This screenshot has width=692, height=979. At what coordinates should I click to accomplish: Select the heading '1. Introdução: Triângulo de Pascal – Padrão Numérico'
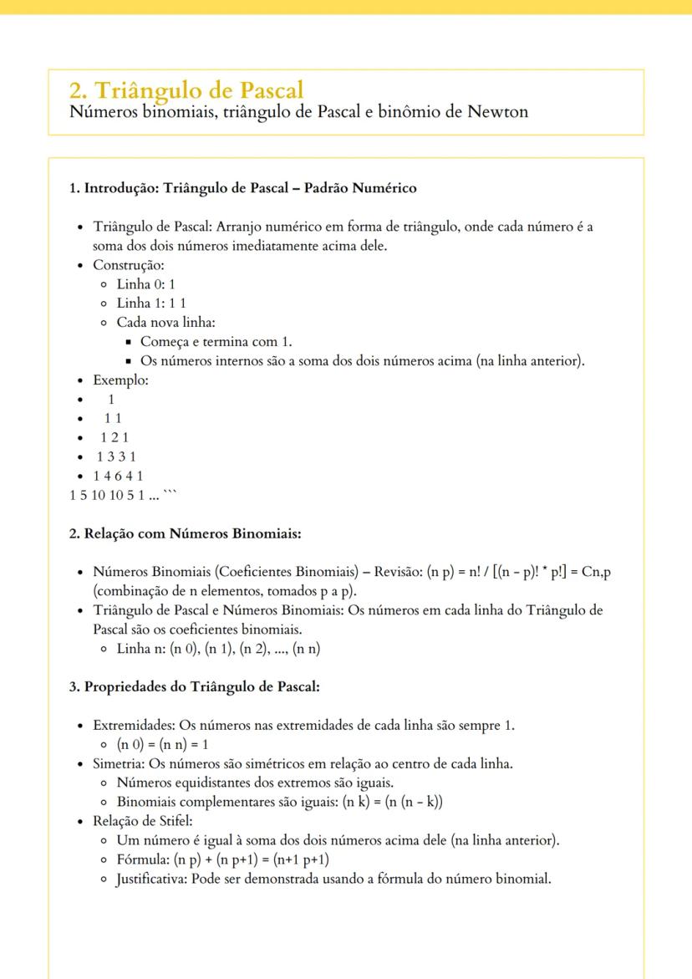[x=242, y=188]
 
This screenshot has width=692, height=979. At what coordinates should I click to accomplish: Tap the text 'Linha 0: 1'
[x=145, y=284]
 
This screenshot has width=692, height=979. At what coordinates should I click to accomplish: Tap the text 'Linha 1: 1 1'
[x=151, y=303]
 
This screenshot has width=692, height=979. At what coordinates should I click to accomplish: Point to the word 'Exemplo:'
[x=121, y=380]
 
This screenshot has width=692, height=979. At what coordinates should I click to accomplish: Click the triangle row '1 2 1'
[x=114, y=438]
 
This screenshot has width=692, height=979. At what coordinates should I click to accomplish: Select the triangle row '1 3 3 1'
[x=116, y=457]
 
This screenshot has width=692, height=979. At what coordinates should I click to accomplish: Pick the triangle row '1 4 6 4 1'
[x=120, y=477]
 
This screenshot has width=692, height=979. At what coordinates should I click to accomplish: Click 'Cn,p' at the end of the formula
[x=608, y=572]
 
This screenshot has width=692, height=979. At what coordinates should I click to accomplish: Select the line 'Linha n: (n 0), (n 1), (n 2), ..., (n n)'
[x=219, y=649]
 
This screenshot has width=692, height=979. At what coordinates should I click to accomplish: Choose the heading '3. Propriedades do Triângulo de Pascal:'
[x=195, y=687]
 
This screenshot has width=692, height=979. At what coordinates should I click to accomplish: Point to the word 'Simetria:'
[x=119, y=764]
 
